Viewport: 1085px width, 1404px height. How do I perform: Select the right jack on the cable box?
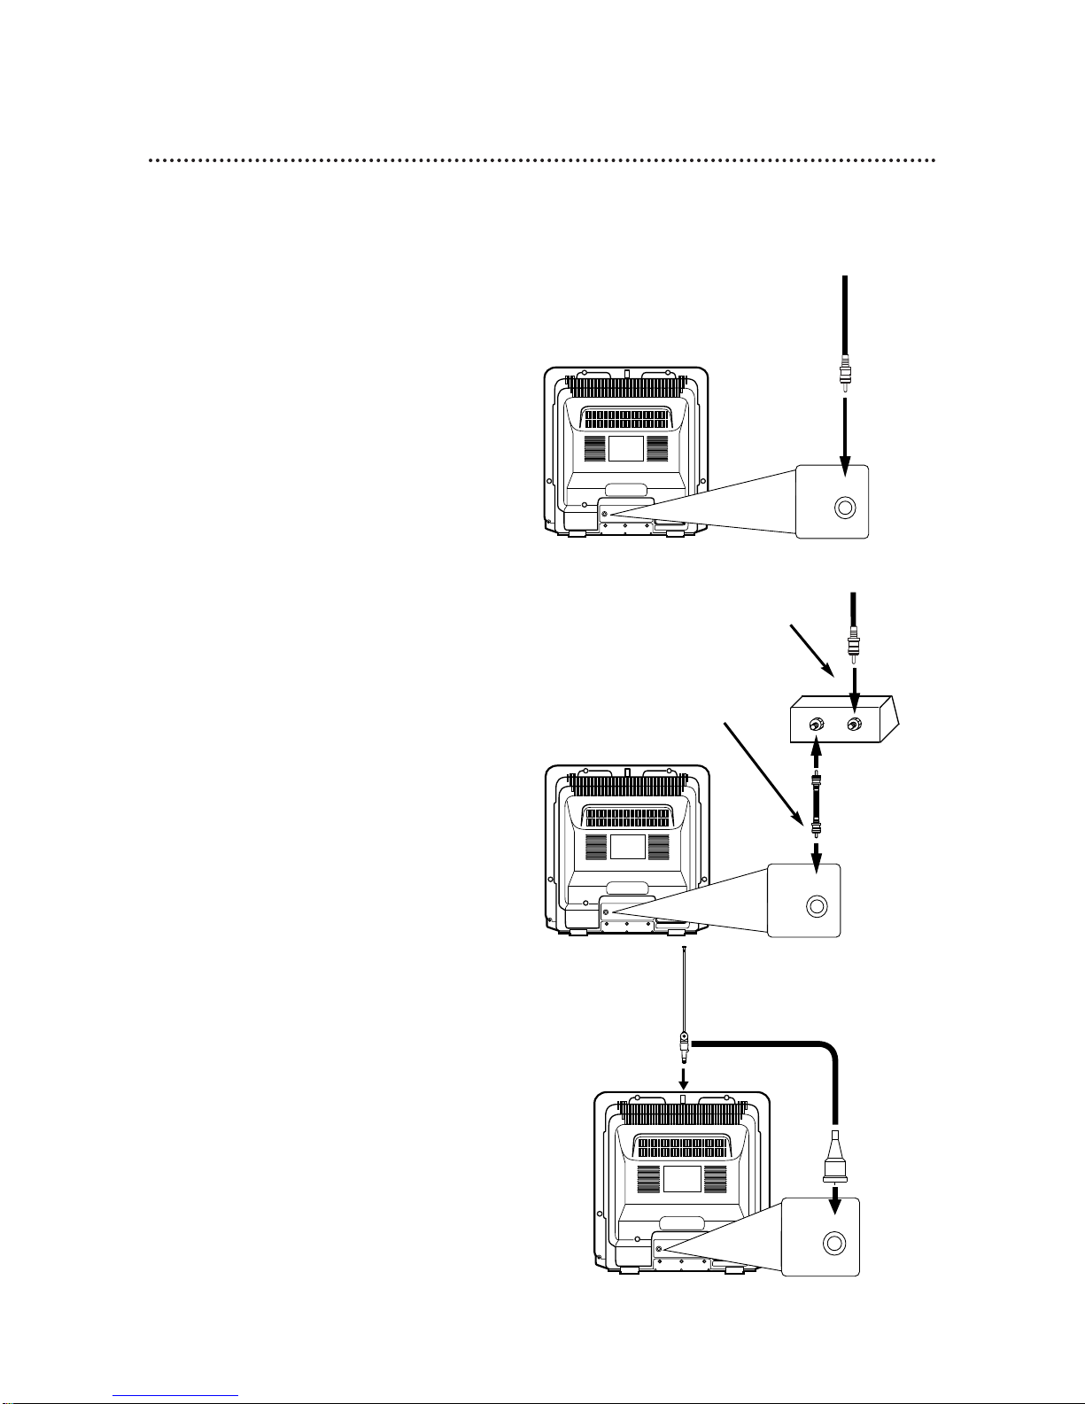click(853, 725)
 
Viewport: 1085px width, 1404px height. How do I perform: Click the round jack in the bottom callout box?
click(833, 1243)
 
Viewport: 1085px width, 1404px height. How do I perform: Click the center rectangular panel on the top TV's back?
click(625, 448)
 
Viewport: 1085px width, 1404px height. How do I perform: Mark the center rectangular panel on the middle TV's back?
click(627, 846)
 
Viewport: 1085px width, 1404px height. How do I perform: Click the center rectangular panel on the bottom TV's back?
click(682, 1178)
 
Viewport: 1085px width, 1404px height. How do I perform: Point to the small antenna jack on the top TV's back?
click(605, 515)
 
